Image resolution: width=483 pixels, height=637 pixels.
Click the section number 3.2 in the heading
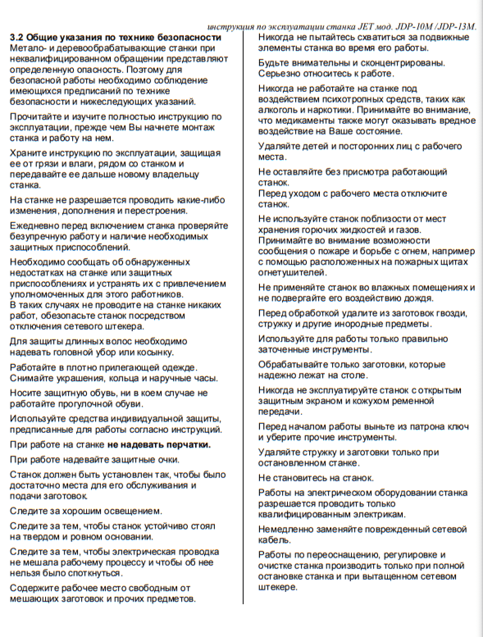[x=17, y=38]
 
